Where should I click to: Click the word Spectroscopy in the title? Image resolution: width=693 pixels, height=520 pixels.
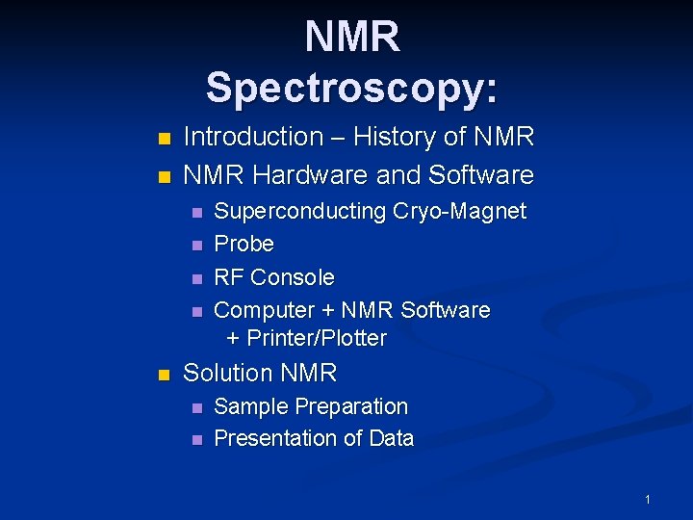352,89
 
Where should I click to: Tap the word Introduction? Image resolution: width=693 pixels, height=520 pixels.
253,138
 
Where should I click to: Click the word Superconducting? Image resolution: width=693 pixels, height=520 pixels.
300,211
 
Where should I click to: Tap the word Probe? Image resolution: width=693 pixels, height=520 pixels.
244,244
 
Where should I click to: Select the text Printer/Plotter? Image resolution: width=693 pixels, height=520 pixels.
317,338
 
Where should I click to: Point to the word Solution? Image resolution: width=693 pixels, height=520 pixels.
228,373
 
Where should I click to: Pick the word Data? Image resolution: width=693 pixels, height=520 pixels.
391,438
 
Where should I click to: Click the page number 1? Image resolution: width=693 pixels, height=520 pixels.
648,499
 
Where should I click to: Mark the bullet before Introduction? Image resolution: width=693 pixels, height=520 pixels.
165,139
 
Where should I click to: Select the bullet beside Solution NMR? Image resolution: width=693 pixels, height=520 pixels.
165,375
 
